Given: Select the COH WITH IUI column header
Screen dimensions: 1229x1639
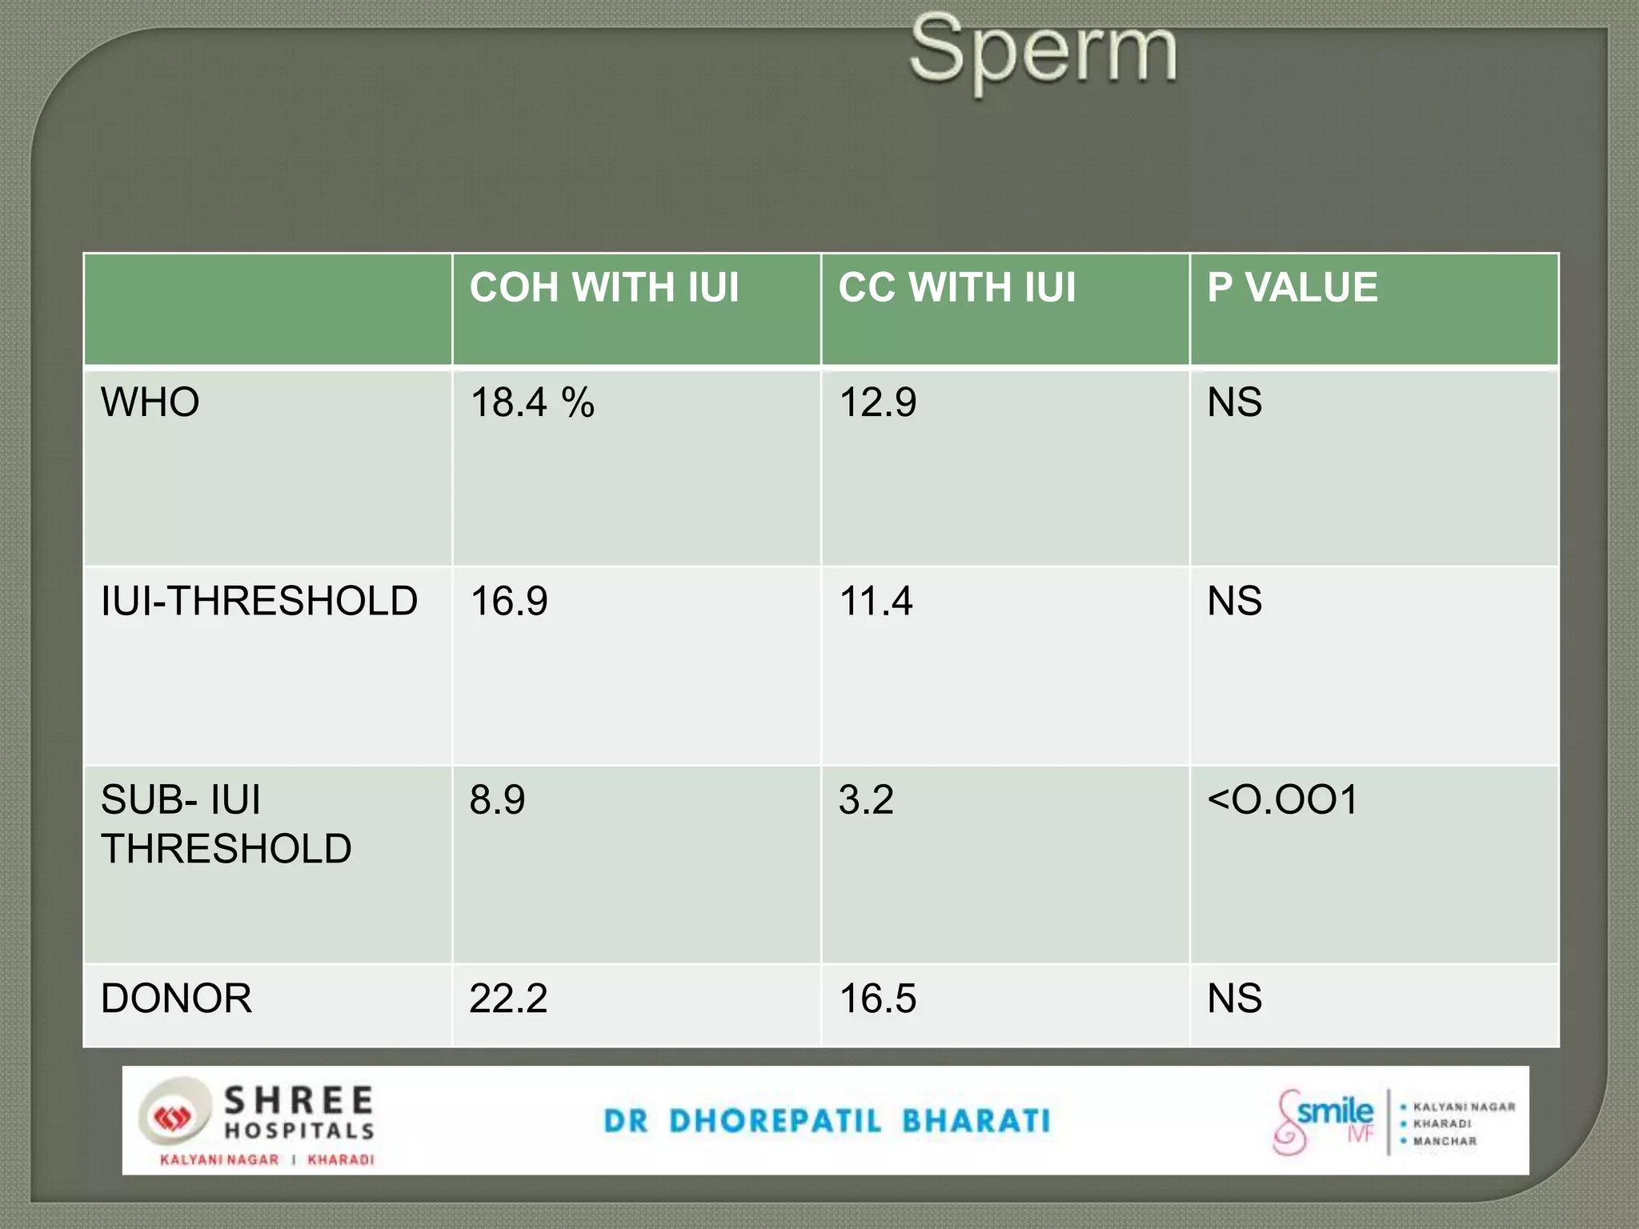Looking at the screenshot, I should (604, 287).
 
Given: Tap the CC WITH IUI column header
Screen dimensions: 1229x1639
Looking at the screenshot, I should (957, 287).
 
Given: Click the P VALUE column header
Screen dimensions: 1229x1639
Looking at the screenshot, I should (1292, 287).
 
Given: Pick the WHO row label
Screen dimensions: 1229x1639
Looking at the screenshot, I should (150, 402).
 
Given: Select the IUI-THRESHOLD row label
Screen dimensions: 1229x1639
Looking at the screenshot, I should (259, 601).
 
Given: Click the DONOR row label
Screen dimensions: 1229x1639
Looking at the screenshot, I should (176, 999).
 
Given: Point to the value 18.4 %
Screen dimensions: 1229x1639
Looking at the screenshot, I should (532, 402).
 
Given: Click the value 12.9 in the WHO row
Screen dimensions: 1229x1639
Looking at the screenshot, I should (877, 402).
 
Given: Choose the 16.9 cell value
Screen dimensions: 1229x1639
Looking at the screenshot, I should (509, 601).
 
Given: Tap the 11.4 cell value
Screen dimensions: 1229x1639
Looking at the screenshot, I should (876, 601).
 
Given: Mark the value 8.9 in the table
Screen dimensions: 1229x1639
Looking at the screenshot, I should (497, 799).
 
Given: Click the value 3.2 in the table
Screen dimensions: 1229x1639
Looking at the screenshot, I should (866, 799).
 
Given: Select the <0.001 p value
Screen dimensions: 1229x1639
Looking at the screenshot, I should (1283, 799).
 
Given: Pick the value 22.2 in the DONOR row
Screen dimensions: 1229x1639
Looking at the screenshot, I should (508, 999).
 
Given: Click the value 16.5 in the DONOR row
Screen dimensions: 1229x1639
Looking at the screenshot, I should (877, 999).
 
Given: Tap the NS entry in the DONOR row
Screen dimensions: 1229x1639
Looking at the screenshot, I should (1235, 999).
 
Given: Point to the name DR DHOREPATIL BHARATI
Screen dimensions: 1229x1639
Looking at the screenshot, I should (827, 1121).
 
